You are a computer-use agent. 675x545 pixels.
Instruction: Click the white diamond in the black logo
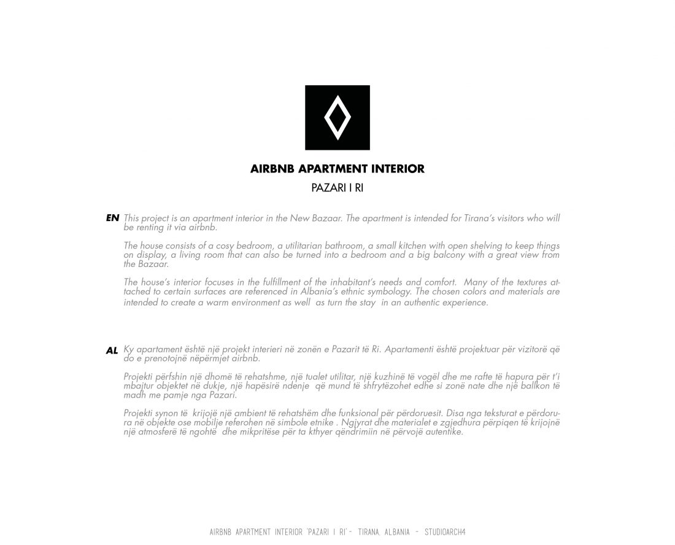pos(337,117)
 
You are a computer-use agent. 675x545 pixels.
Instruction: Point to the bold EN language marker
pos(112,218)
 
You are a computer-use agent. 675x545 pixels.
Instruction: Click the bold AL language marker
pos(112,351)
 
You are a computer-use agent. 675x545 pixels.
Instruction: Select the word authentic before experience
pos(417,303)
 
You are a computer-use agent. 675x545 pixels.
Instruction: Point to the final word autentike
pos(443,432)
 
